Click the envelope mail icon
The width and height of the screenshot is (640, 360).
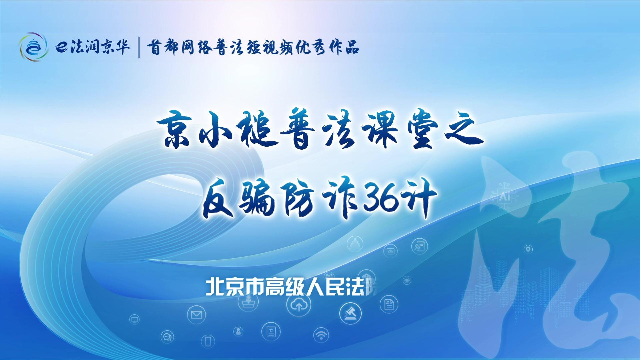pyautogui.click(x=196, y=314)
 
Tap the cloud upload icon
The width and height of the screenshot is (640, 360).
pyautogui.click(x=299, y=304)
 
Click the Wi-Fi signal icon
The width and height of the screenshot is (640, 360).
pyautogui.click(x=321, y=335)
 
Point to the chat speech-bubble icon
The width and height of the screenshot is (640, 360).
pyautogui.click(x=168, y=337)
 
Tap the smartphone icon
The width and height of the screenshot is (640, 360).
pyautogui.click(x=208, y=341)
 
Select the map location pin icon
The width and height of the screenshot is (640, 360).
pyautogui.click(x=528, y=249)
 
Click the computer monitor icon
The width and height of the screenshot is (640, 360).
pyautogui.click(x=135, y=320)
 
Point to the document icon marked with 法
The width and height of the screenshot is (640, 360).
pyautogui.click(x=389, y=304)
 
